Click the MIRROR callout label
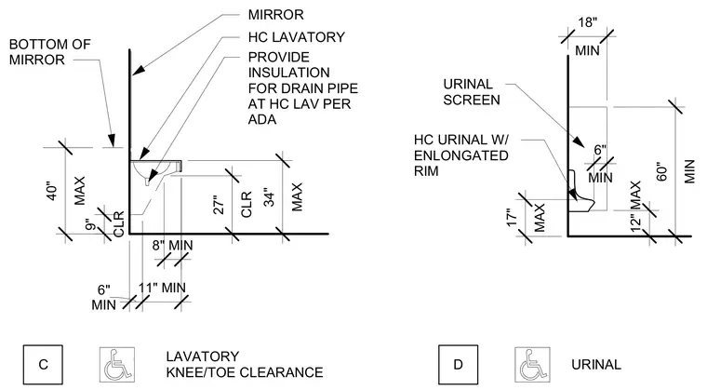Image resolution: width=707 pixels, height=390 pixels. [275, 15]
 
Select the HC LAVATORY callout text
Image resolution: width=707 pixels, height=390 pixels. [296, 37]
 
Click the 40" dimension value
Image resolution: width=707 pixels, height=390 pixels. [53, 191]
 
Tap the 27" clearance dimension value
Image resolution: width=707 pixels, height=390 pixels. [219, 205]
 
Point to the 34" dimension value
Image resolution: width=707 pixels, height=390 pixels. [269, 197]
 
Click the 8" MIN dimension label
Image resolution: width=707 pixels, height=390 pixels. [172, 246]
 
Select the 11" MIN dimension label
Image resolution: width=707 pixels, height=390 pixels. [162, 288]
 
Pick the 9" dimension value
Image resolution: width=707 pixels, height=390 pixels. [91, 224]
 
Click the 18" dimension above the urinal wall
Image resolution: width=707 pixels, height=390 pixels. [588, 22]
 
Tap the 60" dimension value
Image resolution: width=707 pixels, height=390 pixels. [661, 171]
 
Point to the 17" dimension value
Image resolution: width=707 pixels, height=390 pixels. [512, 217]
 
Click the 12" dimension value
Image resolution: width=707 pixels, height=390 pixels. [635, 222]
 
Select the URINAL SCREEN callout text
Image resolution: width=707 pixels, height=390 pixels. [472, 92]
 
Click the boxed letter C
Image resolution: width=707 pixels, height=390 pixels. [43, 364]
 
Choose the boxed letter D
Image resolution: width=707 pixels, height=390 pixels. [458, 364]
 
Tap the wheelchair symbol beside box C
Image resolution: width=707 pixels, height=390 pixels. [117, 364]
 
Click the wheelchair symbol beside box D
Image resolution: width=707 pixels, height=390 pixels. [532, 364]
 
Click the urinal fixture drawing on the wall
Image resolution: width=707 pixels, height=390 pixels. [580, 191]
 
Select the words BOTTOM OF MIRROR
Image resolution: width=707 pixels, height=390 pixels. [49, 52]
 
